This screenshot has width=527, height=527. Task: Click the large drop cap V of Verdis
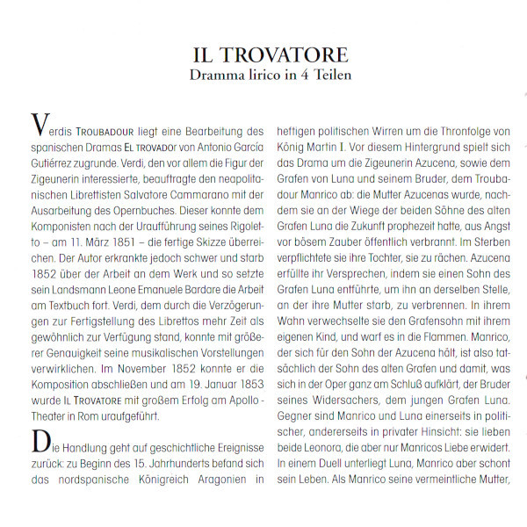tap(38, 124)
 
